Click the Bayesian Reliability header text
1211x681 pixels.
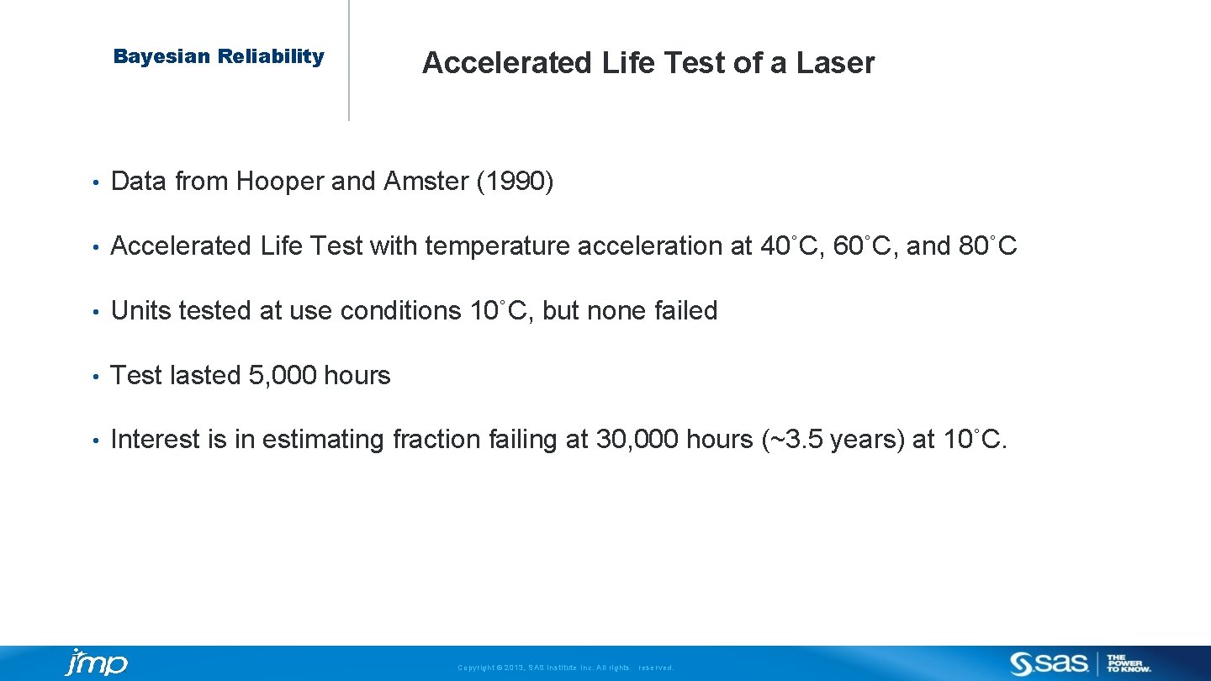(219, 57)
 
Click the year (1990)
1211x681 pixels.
(515, 181)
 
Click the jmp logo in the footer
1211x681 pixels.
(96, 663)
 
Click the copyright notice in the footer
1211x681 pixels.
(565, 668)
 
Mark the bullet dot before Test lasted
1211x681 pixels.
(98, 376)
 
